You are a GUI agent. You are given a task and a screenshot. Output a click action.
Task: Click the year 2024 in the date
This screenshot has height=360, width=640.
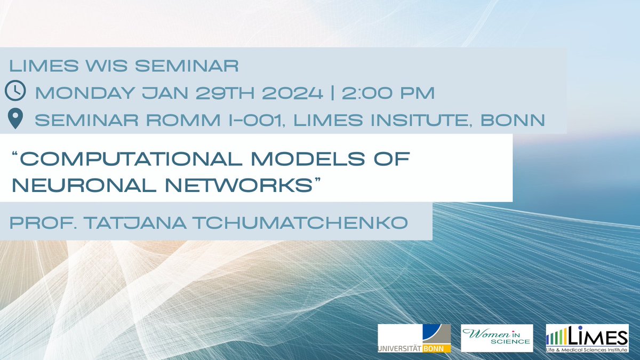pyautogui.click(x=292, y=93)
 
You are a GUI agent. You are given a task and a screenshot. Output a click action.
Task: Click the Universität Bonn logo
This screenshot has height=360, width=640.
pyautogui.click(x=414, y=338)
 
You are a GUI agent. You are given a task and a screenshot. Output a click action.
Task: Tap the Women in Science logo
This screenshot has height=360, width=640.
pyautogui.click(x=497, y=338)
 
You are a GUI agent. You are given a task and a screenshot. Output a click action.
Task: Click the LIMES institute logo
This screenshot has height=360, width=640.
pyautogui.click(x=587, y=338)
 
